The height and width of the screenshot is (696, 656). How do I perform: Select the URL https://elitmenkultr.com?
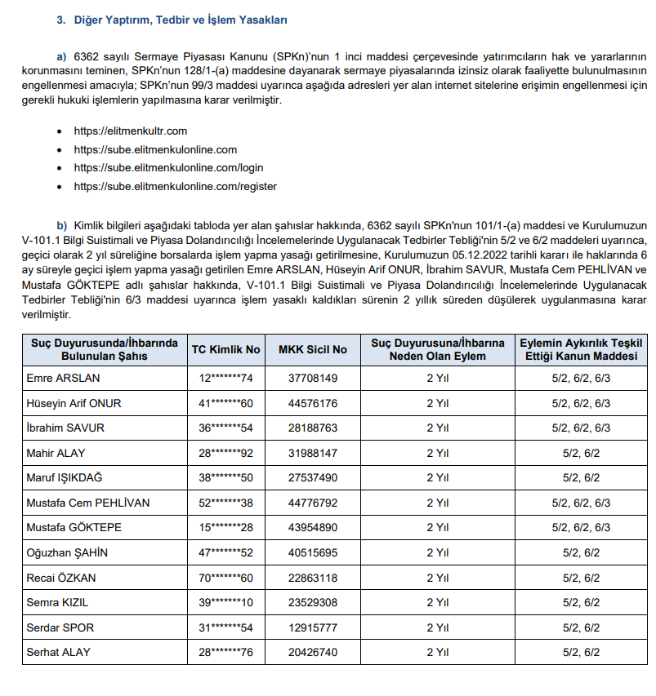tap(130, 131)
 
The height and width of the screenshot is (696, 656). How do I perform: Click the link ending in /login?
tap(168, 168)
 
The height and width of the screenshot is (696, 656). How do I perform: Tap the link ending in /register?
tap(175, 186)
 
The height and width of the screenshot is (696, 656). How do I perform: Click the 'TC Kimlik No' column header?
tap(226, 349)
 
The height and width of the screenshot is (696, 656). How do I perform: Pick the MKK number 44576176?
tap(313, 403)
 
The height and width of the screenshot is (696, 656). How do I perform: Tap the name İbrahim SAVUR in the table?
tap(65, 428)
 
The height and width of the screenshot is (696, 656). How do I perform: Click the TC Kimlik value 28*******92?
tap(226, 453)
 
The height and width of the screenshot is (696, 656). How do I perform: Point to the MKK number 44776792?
tap(313, 503)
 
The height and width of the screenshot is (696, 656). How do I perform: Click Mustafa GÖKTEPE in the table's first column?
tap(74, 528)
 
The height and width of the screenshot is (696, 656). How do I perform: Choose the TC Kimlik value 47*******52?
tap(226, 552)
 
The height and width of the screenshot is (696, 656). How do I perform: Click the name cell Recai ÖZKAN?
tap(63, 578)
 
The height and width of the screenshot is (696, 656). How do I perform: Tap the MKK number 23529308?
tap(313, 602)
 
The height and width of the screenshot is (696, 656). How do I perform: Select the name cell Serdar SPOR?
tap(62, 627)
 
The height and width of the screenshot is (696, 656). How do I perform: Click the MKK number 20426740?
tap(313, 652)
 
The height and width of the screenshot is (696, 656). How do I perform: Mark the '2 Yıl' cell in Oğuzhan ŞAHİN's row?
tap(438, 552)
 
